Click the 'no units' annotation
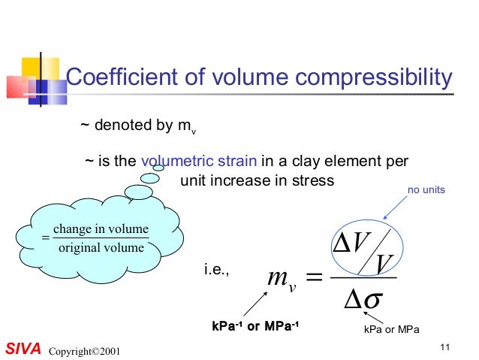coord(426,191)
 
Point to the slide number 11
coord(445,346)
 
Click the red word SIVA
coord(22,350)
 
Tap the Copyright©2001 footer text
coord(83,352)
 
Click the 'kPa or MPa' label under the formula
coord(391,330)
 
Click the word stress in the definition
coord(313,180)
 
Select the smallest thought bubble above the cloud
coord(158,168)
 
